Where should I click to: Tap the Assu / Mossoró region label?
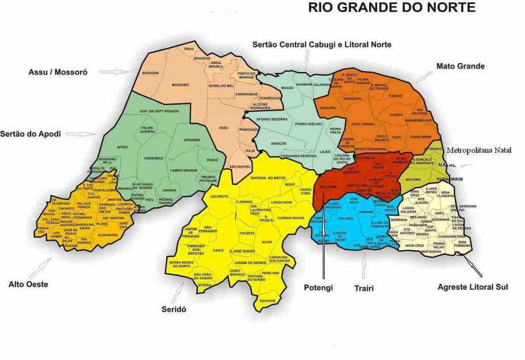point(58,72)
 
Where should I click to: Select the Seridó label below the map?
point(174,309)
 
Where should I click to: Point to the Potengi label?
point(317,287)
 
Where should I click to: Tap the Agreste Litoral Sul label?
point(473,287)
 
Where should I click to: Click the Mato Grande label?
point(460,66)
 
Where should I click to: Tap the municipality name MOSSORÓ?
point(180,85)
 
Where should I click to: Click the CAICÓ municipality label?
point(218,250)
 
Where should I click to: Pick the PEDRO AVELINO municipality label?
point(309,124)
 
